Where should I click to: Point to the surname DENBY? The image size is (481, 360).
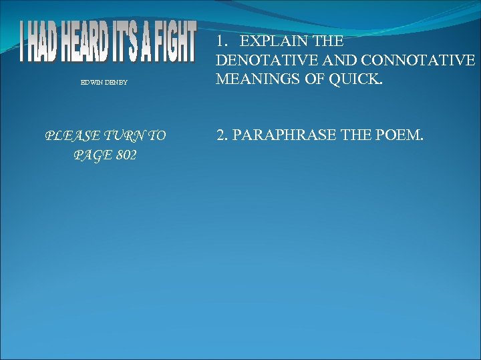[116, 83]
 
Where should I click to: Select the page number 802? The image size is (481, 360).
[124, 155]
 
